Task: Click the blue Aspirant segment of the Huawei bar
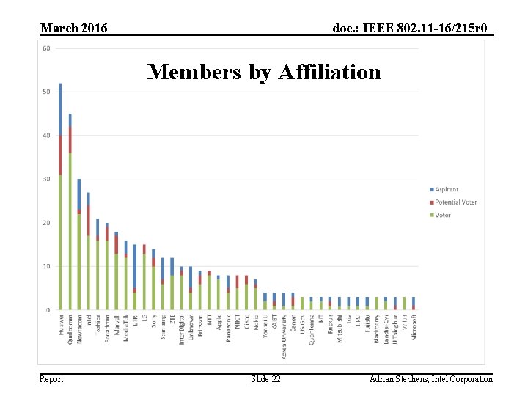pyautogui.click(x=60, y=109)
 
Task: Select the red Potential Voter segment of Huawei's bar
pyautogui.click(x=60, y=155)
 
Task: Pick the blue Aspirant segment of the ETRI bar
pyautogui.click(x=134, y=267)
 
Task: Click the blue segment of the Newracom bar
pyautogui.click(x=79, y=194)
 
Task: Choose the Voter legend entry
pyautogui.click(x=442, y=214)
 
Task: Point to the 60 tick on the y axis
pyautogui.click(x=46, y=48)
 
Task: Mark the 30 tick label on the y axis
pyautogui.click(x=46, y=179)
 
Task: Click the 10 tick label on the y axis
pyautogui.click(x=46, y=266)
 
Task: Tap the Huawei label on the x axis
pyautogui.click(x=60, y=326)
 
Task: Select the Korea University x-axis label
pyautogui.click(x=284, y=336)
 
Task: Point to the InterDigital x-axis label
pyautogui.click(x=182, y=331)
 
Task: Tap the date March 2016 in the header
pyautogui.click(x=73, y=28)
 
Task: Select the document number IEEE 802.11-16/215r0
pyautogui.click(x=412, y=28)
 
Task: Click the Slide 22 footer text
pyautogui.click(x=265, y=378)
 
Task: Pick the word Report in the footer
pyautogui.click(x=51, y=378)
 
